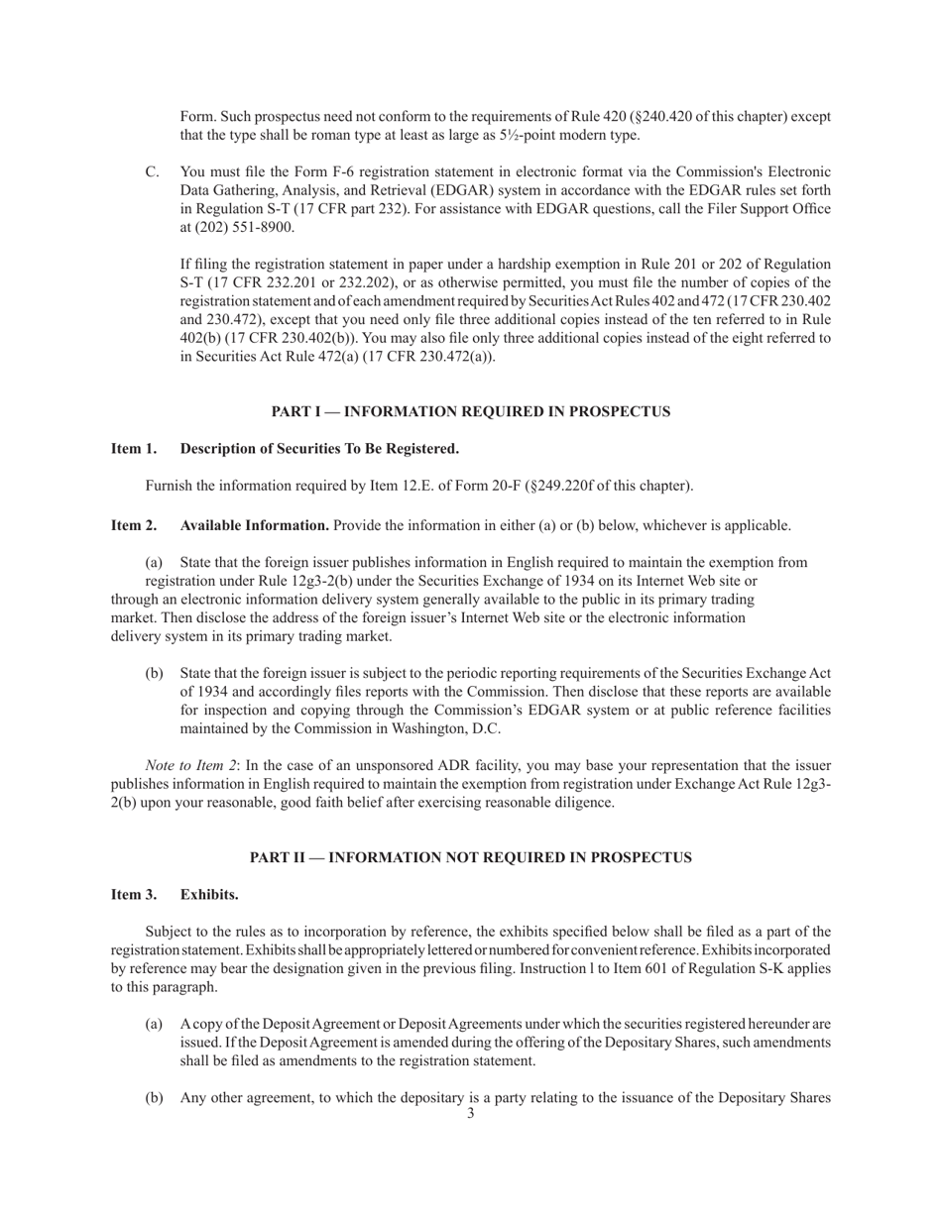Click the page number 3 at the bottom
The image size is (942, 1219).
471,1114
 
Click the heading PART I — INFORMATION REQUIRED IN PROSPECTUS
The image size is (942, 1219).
471,411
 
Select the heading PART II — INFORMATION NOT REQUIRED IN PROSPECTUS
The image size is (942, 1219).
471,857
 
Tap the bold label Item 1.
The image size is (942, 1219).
134,449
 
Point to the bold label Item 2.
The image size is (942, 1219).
134,525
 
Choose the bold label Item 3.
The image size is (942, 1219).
134,895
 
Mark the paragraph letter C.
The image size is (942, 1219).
153,172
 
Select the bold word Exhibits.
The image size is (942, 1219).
209,895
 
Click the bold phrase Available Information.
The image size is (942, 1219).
255,525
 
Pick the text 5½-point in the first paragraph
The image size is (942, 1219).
533,136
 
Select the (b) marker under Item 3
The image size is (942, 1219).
155,1098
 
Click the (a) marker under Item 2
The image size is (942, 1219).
155,563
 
